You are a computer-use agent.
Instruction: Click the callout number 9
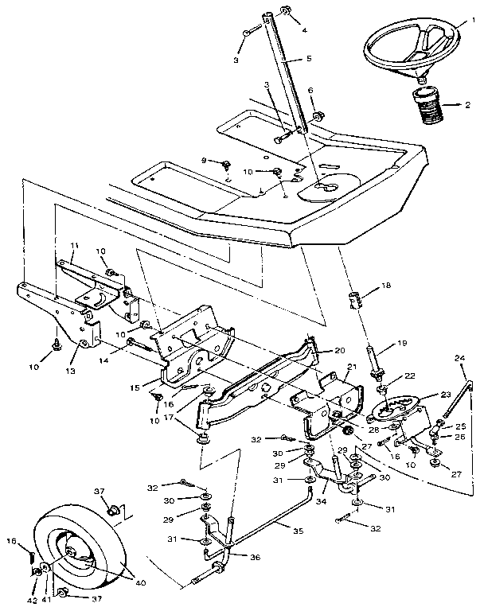click(204, 161)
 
